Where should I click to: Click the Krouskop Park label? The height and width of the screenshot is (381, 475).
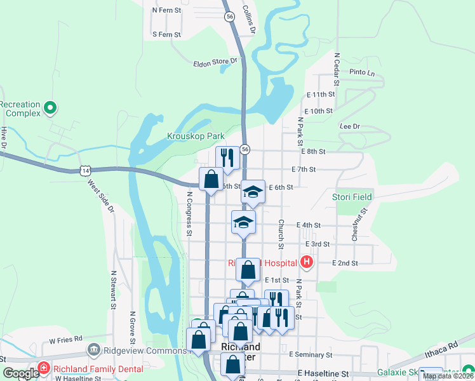[196, 136]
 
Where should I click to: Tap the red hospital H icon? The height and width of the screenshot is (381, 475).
[307, 262]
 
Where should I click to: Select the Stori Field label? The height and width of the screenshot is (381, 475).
[352, 197]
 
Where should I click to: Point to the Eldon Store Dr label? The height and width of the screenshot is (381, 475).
[215, 62]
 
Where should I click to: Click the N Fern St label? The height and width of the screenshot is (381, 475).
[167, 10]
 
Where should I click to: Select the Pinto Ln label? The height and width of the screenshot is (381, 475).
[362, 72]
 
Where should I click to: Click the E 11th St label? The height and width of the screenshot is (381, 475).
[319, 94]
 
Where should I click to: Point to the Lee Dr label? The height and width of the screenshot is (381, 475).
[350, 126]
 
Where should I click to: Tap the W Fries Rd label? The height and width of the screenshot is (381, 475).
[65, 338]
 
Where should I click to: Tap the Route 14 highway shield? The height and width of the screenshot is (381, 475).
[84, 170]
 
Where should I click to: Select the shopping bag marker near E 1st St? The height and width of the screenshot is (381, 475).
[248, 270]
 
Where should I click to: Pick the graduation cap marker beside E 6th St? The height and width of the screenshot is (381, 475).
[253, 191]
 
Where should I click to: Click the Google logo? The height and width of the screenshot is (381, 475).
[21, 373]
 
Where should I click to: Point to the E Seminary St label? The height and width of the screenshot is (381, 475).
[311, 354]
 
